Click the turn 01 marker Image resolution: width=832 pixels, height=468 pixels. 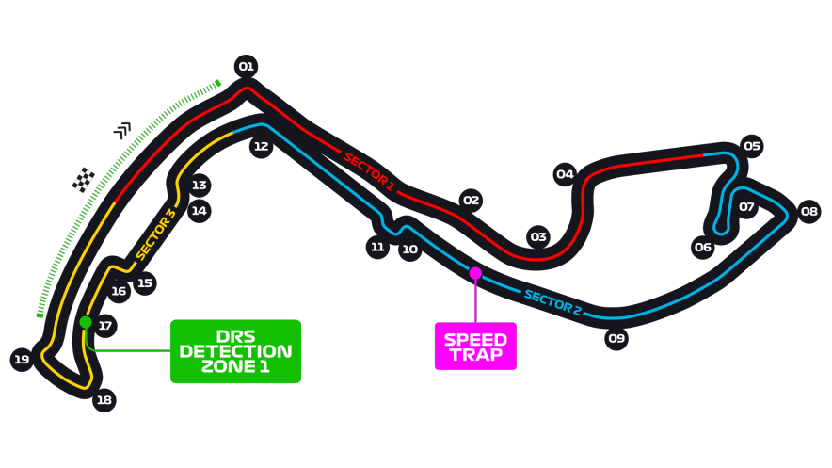(246, 66)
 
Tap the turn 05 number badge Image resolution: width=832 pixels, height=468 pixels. (751, 146)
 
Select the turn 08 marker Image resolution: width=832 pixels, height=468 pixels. (809, 211)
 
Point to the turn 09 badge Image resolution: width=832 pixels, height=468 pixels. (616, 338)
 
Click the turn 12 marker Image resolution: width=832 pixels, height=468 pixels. (261, 146)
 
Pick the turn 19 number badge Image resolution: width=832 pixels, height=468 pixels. (22, 359)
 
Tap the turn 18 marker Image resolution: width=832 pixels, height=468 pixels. (104, 400)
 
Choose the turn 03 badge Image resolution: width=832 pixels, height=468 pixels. (537, 237)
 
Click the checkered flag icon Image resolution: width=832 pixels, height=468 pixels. (84, 179)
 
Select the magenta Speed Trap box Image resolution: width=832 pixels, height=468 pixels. (475, 347)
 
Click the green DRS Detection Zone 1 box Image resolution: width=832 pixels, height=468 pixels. (235, 351)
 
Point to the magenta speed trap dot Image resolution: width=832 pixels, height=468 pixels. (475, 273)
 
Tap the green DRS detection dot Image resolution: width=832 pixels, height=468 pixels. (86, 322)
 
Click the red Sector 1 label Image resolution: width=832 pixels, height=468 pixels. (368, 171)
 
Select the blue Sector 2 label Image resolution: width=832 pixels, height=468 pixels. (552, 302)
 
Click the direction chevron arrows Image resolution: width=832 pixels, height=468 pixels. (122, 129)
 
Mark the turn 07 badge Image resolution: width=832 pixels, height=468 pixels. (746, 206)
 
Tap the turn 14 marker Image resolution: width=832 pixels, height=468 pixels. (199, 211)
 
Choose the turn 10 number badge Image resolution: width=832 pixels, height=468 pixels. (409, 250)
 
